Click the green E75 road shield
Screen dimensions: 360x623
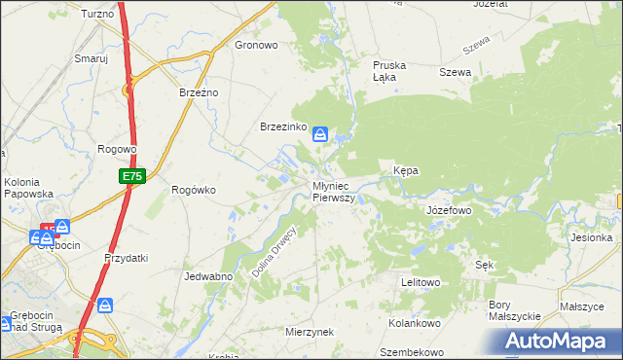pos(132,176)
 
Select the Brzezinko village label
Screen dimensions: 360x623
pos(283,127)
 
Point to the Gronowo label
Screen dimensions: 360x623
pos(257,45)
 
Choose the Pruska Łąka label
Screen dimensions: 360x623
pos(389,72)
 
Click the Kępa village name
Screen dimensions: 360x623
pos(405,170)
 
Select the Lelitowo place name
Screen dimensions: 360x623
pos(421,282)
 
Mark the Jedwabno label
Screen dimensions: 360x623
pos(206,276)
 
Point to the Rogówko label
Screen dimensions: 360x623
pos(193,190)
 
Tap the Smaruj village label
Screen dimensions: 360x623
pos(91,58)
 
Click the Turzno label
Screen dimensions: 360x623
pos(97,14)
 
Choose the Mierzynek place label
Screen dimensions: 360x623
pos(310,332)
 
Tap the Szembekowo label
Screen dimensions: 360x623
pos(412,352)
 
